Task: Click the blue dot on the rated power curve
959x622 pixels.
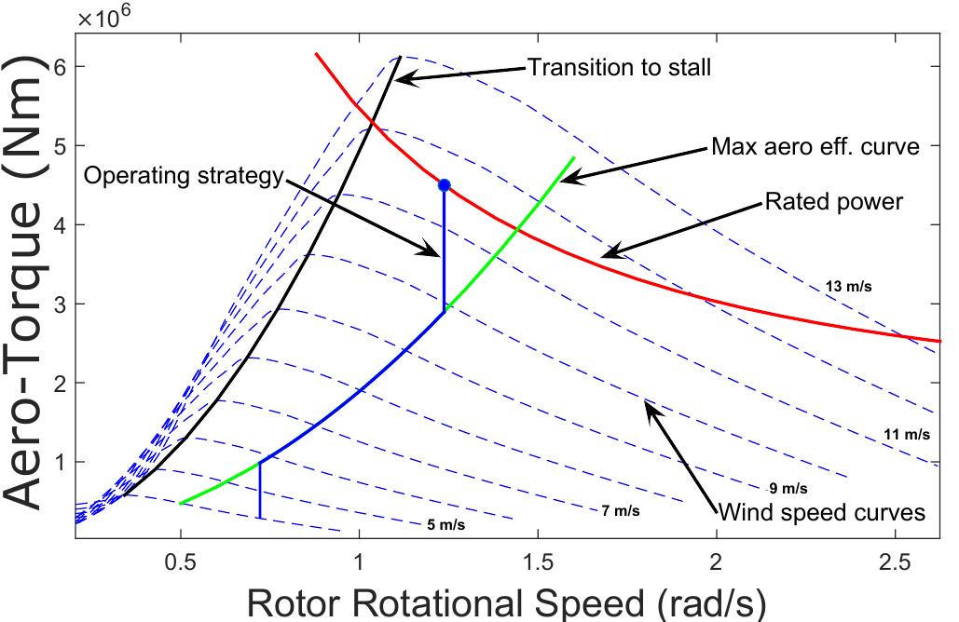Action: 445,185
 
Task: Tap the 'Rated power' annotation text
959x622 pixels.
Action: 833,201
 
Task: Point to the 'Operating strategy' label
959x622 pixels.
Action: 183,176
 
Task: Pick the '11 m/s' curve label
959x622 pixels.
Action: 906,434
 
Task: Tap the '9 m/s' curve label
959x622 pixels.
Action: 788,488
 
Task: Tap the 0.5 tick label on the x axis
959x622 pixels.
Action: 180,563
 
